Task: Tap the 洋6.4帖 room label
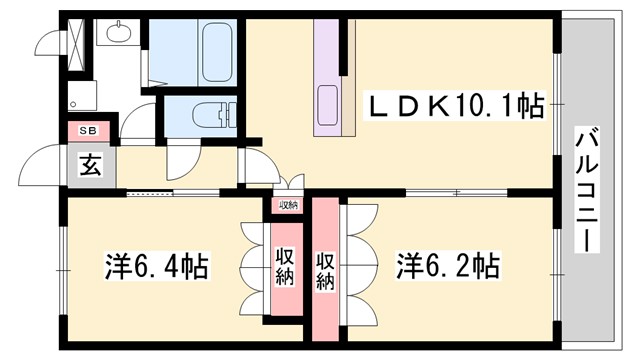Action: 157,267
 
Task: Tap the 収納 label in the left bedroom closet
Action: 284,265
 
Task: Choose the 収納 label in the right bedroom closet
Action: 325,265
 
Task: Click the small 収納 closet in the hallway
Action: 288,205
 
